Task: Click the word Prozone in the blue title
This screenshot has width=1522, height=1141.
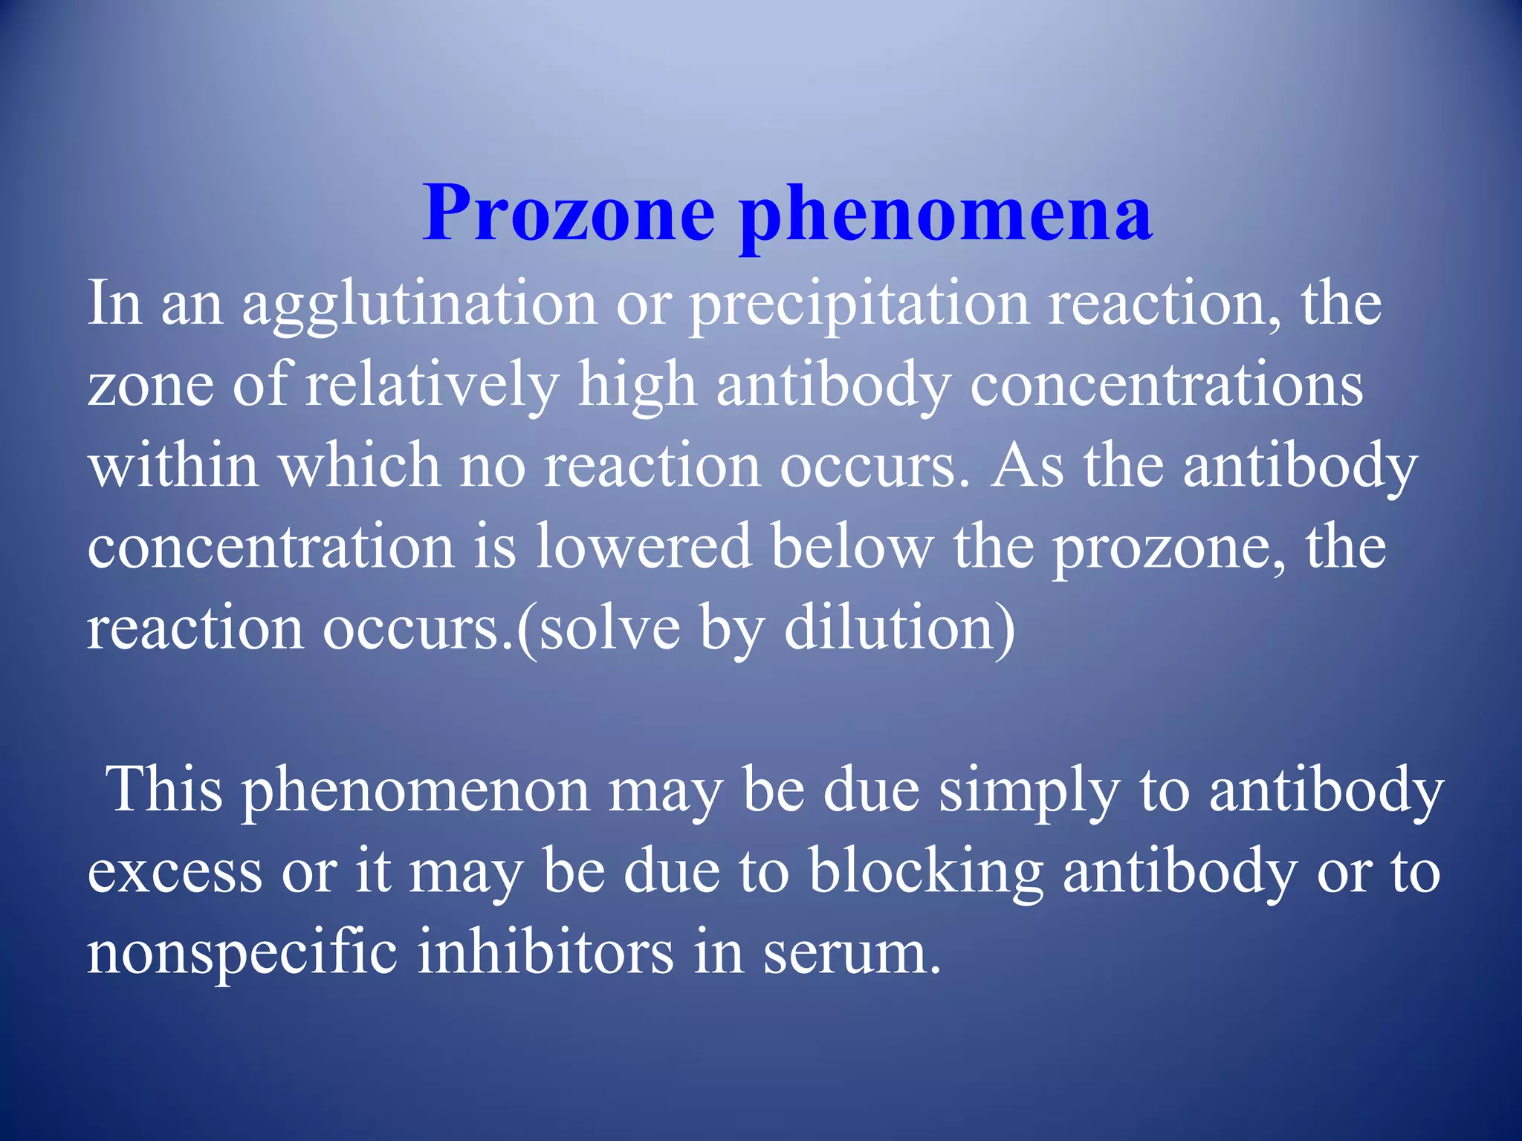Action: click(569, 213)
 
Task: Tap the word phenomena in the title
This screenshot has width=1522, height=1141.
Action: click(945, 215)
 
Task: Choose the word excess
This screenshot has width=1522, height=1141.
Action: click(175, 873)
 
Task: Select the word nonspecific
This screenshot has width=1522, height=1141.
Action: click(242, 955)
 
